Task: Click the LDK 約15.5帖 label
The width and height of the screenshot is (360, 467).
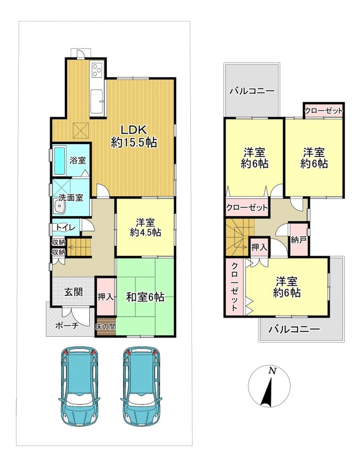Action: click(134, 137)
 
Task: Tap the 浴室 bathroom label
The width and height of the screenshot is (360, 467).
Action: click(78, 160)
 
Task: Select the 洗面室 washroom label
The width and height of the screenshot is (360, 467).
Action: click(71, 197)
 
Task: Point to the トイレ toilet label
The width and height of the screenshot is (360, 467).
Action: click(66, 227)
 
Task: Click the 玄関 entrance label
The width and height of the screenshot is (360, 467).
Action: click(74, 292)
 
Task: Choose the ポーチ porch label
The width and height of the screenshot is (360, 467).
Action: click(67, 326)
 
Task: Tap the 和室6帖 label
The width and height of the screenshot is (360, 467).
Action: click(145, 297)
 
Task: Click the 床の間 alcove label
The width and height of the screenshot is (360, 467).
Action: click(106, 326)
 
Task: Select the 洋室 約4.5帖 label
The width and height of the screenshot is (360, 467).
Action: click(145, 227)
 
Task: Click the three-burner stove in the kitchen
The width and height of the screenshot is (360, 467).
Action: click(97, 70)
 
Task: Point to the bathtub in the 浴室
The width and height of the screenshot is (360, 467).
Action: click(60, 161)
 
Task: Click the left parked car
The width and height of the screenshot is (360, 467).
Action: click(79, 386)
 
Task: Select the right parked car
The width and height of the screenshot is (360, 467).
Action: click(141, 386)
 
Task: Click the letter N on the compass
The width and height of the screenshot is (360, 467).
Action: click(271, 371)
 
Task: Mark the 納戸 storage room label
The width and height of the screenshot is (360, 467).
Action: click(299, 241)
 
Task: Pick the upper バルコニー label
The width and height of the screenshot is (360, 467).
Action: click(252, 91)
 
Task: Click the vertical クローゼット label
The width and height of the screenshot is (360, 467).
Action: click(235, 286)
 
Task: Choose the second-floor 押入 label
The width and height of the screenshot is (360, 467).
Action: click(258, 247)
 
